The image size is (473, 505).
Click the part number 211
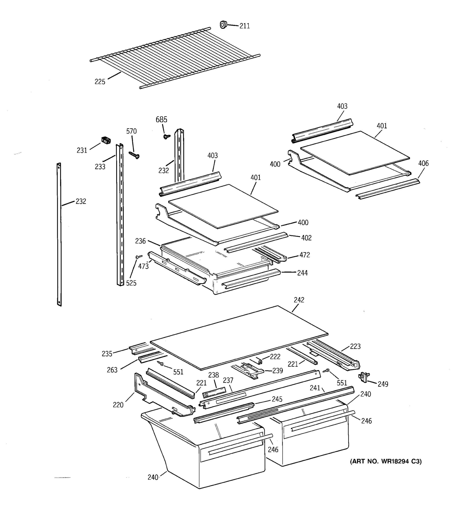245,26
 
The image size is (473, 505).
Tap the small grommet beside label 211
223,25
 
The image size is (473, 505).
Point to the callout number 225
100,82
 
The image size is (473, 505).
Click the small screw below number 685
167,137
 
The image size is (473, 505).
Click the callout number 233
100,167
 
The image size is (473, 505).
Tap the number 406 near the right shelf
423,163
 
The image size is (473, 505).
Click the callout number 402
306,238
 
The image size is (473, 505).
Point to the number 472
304,255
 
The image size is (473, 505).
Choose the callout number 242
299,300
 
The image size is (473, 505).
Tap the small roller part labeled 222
259,361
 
